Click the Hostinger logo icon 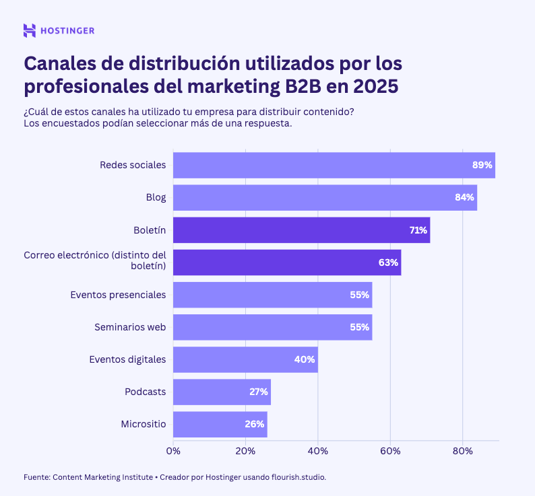30,30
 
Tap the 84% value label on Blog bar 464,198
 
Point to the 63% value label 388,262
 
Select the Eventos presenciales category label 118,295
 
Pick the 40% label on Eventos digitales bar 305,359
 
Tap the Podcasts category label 145,392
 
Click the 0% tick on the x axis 173,450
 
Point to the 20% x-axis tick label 245,450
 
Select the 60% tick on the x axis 390,450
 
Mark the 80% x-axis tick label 462,450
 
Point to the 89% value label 483,165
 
